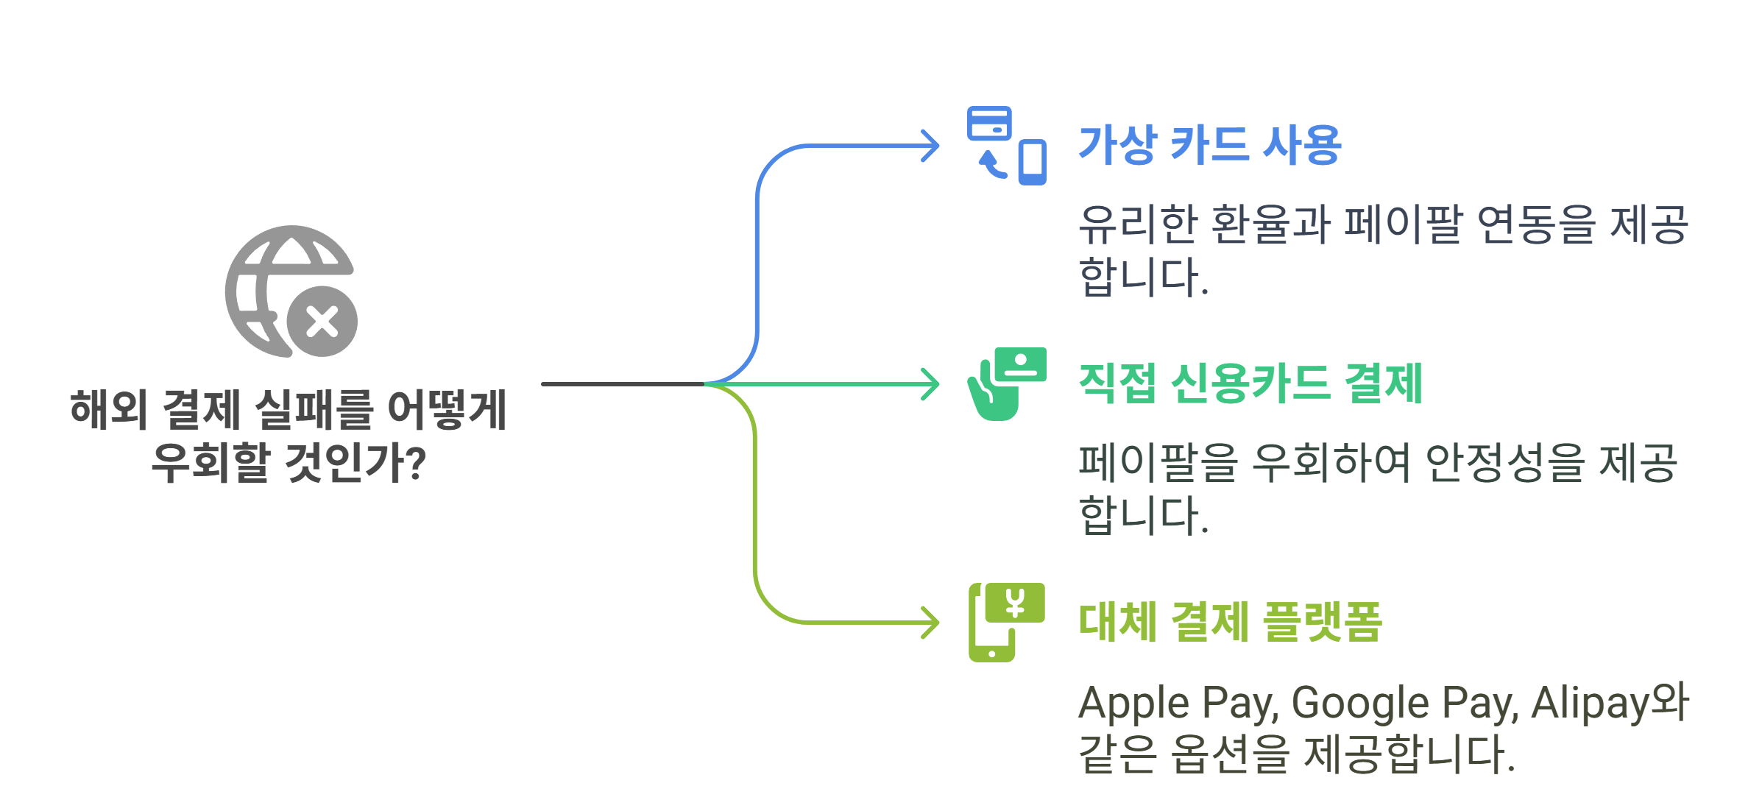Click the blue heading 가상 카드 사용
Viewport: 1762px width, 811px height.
[x=1209, y=145]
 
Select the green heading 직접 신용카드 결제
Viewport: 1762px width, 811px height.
[x=1250, y=383]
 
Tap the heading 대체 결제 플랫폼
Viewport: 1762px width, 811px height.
[x=1230, y=622]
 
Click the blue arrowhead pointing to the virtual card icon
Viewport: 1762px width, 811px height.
[x=931, y=146]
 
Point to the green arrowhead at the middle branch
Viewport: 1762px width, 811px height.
[x=931, y=384]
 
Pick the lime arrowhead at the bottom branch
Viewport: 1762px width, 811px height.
[x=931, y=623]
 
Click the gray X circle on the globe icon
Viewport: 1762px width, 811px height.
[x=322, y=322]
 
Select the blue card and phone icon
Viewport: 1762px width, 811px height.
[x=1006, y=146]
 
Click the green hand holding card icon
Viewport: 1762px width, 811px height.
[x=1006, y=384]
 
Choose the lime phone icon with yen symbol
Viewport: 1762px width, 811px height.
[x=1006, y=623]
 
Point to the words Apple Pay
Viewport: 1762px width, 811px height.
[x=1178, y=703]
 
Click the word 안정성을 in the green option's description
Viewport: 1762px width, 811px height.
[x=1504, y=463]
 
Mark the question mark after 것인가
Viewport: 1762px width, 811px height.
[x=416, y=463]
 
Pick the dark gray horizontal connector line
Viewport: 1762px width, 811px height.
[x=622, y=384]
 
